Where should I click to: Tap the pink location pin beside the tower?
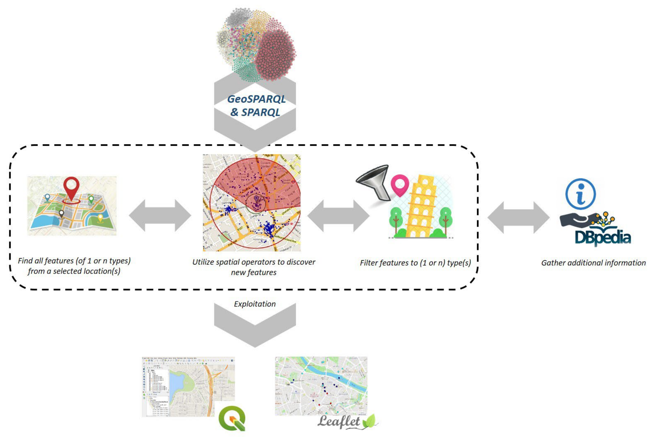[400, 185]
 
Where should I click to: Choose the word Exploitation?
[255, 304]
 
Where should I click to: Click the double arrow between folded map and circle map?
[160, 215]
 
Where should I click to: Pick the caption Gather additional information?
[593, 263]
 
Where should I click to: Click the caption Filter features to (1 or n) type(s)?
[415, 263]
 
